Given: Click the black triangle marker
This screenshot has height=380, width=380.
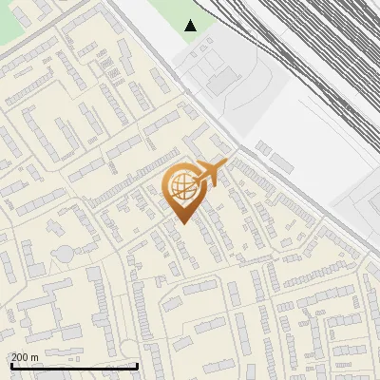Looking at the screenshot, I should [x=191, y=25].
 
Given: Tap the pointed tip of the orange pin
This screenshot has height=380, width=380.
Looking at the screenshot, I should [x=182, y=223].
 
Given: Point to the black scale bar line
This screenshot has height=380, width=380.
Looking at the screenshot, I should [x=74, y=366].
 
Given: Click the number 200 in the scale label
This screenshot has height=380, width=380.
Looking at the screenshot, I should [x=20, y=357].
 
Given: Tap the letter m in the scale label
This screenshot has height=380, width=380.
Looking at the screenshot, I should [x=35, y=357].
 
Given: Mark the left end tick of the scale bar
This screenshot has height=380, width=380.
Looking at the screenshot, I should [x=11, y=365].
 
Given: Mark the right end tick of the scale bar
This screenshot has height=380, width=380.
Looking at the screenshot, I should [x=138, y=365].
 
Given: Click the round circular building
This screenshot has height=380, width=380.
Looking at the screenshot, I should [x=64, y=254].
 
